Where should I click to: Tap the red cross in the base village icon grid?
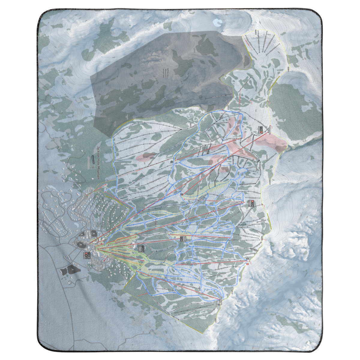[x=87, y=254]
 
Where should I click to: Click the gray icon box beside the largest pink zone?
[x=261, y=129]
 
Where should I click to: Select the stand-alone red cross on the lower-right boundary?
[x=247, y=264]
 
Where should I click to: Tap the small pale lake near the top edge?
[x=217, y=22]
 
